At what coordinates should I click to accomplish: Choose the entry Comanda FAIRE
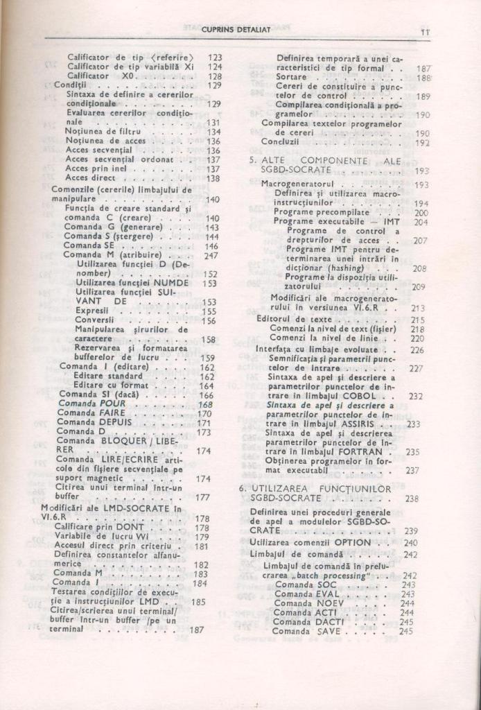coord(90,413)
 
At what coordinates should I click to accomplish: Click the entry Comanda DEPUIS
coord(94,422)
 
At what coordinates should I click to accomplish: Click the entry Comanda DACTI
coord(304,622)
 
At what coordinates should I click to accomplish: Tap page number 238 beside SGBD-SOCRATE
coord(412,499)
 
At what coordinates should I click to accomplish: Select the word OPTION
coord(353,542)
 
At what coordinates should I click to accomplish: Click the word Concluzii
coord(280,141)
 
